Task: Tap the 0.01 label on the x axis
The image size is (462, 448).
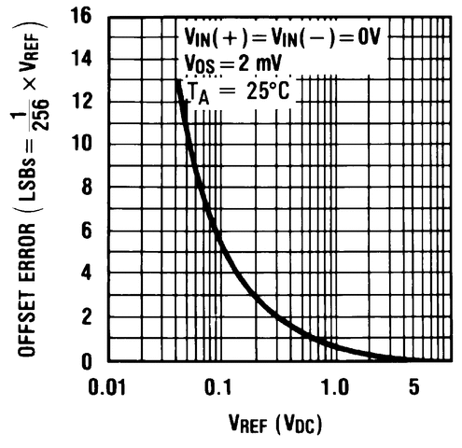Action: (x=110, y=385)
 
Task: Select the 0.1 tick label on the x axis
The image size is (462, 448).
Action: (x=221, y=385)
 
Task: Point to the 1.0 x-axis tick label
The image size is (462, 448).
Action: (x=333, y=385)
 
